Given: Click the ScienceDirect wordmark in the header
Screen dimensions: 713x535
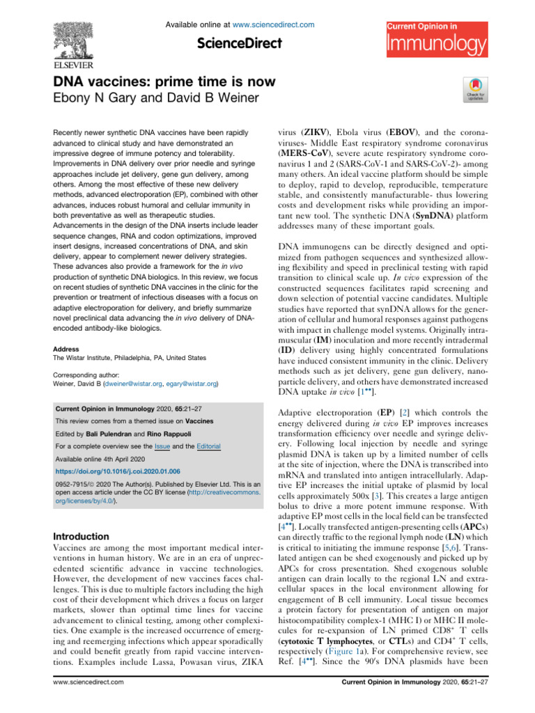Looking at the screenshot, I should point(240,43).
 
